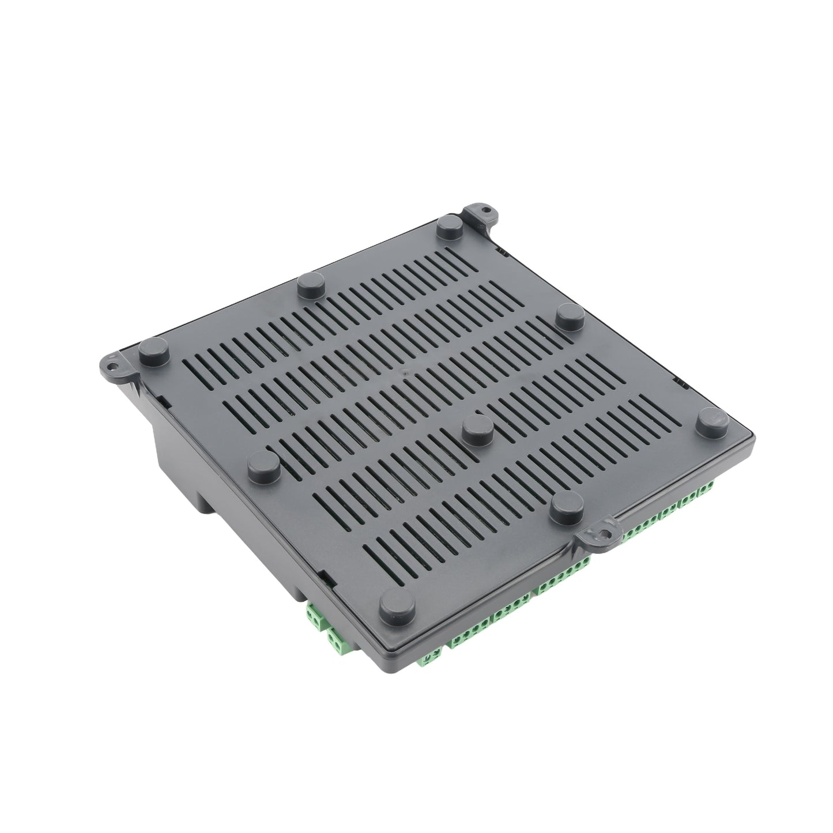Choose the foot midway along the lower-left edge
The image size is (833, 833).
click(x=265, y=463)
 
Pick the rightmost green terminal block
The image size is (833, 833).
click(x=704, y=492)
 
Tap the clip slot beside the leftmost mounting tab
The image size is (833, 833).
click(x=163, y=400)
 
